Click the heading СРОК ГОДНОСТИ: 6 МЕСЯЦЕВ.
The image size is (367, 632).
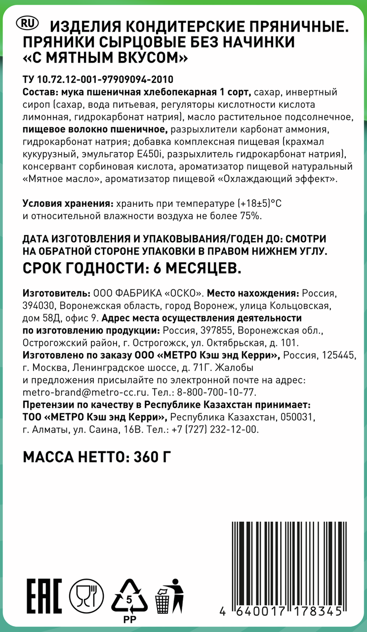[132, 268]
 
